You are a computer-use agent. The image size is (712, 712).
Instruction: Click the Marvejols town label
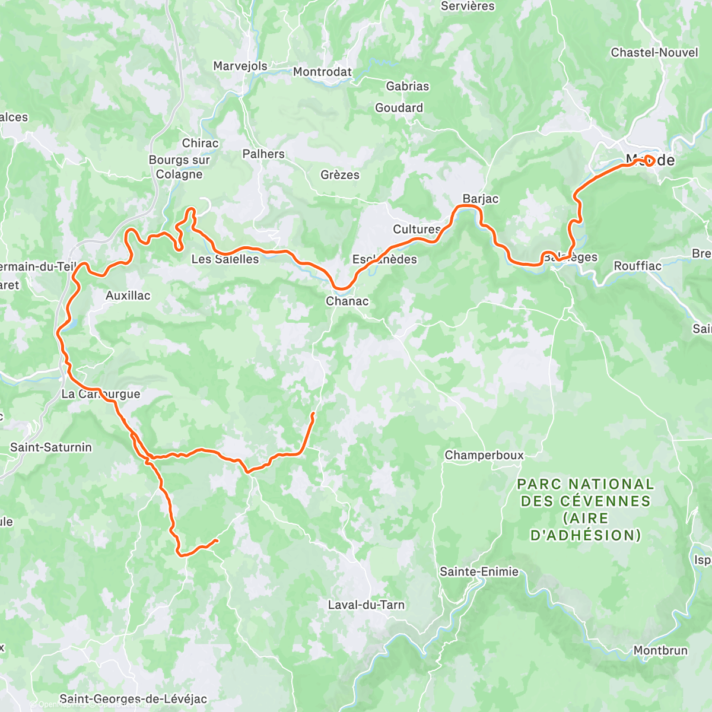coord(240,66)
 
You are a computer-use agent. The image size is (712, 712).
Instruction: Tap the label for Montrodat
coord(322,72)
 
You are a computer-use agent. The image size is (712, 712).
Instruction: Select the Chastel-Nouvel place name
coord(654,52)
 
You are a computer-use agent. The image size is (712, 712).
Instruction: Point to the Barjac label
coord(481,199)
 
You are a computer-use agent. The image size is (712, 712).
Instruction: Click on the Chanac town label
coord(347,301)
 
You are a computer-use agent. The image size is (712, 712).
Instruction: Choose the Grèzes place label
coord(340,175)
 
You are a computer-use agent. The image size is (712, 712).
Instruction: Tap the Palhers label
coord(263,154)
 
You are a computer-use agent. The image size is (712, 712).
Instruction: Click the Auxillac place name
coord(128,295)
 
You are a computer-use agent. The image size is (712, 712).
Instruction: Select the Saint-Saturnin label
coord(51,447)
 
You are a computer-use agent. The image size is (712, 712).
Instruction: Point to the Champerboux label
coord(484,455)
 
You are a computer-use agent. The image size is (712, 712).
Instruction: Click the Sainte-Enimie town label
coord(479,571)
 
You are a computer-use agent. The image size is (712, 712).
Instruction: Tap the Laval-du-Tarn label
coord(366,605)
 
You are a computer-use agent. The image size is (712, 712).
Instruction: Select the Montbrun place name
coord(660,650)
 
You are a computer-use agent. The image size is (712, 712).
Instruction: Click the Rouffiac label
coord(637,266)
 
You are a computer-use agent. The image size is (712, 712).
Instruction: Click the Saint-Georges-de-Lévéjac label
coord(133,699)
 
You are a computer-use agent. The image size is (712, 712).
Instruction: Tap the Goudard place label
coord(399,107)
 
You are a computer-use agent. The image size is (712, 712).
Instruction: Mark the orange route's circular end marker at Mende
coord(649,160)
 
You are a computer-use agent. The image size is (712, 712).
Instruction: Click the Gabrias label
coord(407,86)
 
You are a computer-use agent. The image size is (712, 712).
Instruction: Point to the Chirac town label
coord(200,143)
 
